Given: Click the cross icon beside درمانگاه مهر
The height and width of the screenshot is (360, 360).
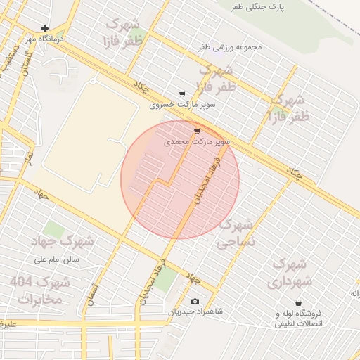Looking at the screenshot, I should click(x=45, y=29).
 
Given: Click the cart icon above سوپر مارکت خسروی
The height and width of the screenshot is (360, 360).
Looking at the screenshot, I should click(x=182, y=94).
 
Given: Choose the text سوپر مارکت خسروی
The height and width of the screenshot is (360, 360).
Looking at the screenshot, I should click(x=182, y=105).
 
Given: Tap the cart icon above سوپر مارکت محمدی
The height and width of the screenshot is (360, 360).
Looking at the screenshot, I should click(x=197, y=131).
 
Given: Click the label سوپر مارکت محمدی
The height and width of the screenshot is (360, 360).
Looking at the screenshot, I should click(x=197, y=141).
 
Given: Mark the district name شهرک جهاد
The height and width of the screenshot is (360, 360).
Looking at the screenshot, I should click(x=63, y=241).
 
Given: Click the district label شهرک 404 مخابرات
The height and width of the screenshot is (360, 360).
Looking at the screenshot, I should click(x=40, y=290).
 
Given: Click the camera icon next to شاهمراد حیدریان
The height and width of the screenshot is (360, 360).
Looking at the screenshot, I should click(x=195, y=302).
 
